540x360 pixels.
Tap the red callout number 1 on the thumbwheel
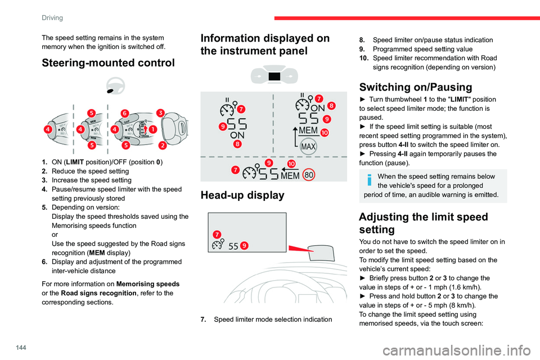tap(152, 129)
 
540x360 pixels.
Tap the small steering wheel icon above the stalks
tap(116, 85)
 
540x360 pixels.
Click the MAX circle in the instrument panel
tap(308, 147)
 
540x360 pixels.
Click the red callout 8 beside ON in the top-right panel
tap(331, 106)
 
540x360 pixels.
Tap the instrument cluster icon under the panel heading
tap(273, 75)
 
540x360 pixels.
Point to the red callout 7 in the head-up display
tap(217, 233)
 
